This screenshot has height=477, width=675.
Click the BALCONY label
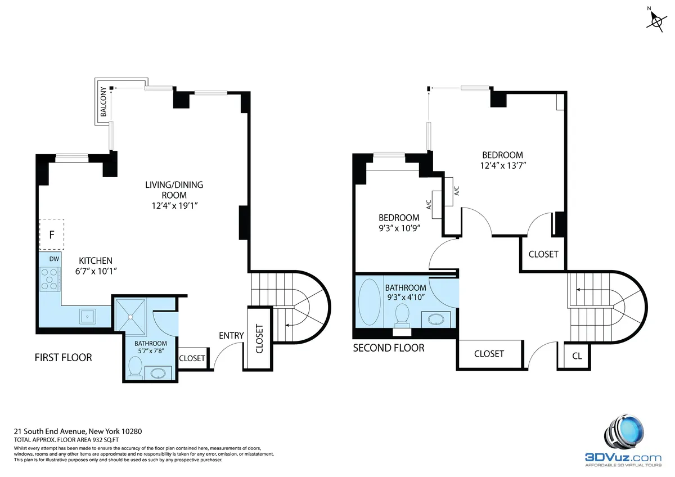[103, 102]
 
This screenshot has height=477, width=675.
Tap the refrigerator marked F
[51, 235]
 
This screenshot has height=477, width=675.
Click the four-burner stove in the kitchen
[49, 279]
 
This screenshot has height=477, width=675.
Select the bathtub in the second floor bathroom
[369, 301]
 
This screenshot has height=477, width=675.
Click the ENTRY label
[231, 336]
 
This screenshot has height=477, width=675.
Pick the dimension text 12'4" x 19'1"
[174, 205]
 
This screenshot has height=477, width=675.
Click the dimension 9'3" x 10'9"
[399, 228]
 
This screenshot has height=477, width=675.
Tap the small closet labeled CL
[577, 355]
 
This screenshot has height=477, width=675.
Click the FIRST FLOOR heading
[63, 357]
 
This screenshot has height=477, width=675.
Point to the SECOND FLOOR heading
[388, 348]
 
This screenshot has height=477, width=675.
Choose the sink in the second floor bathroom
[437, 319]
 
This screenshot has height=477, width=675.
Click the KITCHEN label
[95, 261]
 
